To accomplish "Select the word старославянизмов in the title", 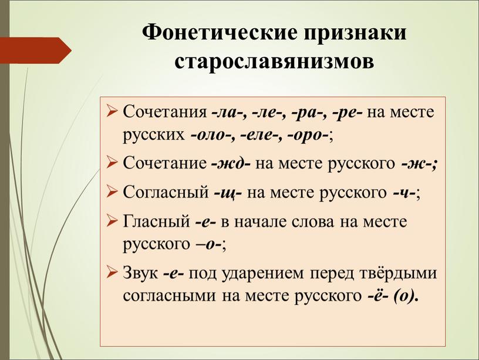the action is [274, 62].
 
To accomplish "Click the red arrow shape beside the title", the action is [36, 51].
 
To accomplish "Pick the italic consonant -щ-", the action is [228, 193].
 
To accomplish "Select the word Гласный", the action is [156, 221].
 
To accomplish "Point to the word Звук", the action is [140, 272].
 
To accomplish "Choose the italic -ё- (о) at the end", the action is [392, 295].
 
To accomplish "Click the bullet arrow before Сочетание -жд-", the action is [112, 163].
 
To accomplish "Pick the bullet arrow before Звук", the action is [112, 272].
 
